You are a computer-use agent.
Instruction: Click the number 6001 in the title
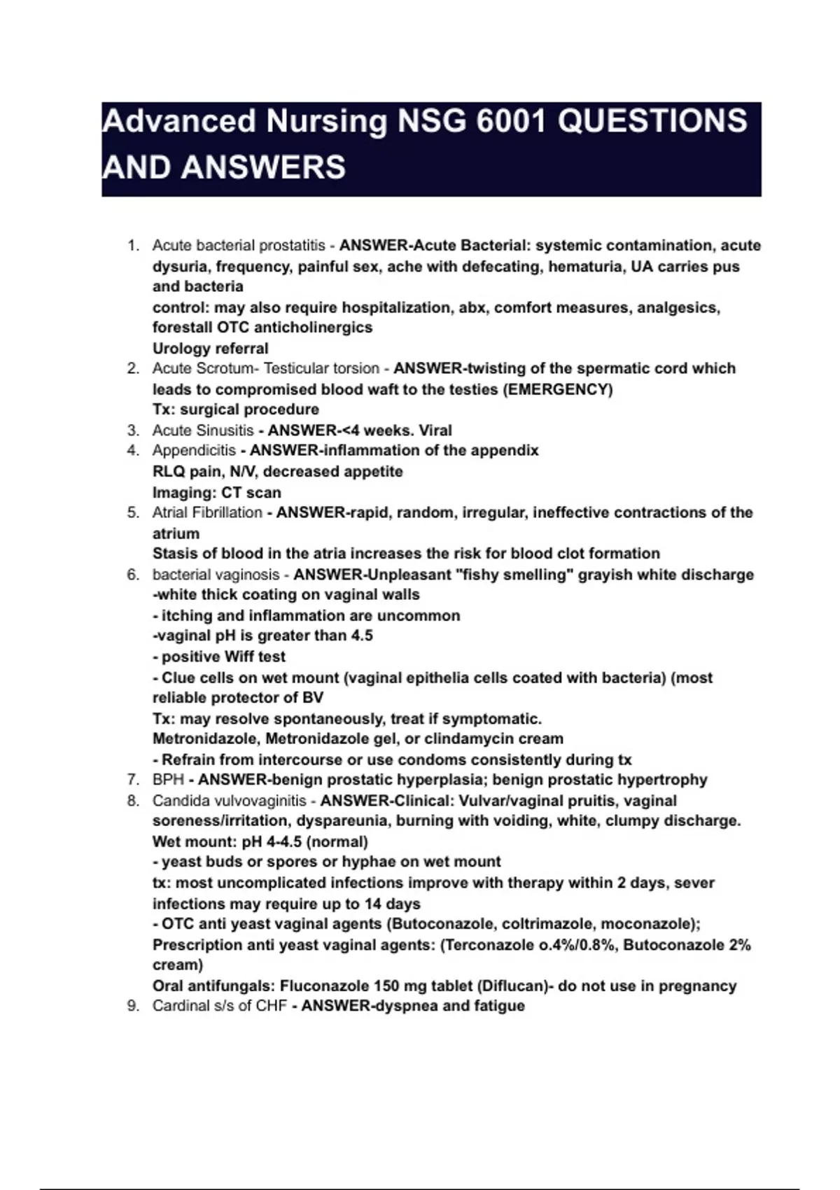pos(510,121)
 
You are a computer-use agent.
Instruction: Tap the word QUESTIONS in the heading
pos(652,121)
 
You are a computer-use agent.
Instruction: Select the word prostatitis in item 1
pos(292,246)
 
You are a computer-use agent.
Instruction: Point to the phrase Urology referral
pos(210,349)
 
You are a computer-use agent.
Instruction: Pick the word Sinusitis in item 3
pos(224,430)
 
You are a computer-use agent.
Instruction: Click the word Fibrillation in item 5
pos(228,513)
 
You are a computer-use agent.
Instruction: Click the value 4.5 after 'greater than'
pos(360,636)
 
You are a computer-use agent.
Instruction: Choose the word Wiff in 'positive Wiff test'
pos(240,657)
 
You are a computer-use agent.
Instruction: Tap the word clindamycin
pos(468,739)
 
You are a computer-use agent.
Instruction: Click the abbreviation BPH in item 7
pos(168,780)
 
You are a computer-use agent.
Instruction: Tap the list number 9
pos(133,1007)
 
